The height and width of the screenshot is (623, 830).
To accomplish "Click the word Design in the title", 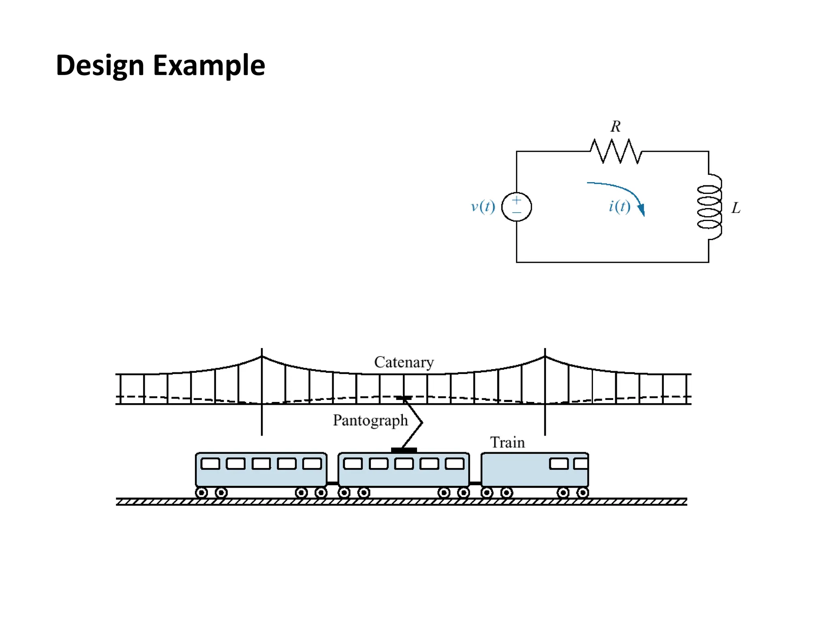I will [x=100, y=66].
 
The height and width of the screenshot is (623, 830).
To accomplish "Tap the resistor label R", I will [x=615, y=127].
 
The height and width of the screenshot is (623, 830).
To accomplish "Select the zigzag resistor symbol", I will [x=616, y=151].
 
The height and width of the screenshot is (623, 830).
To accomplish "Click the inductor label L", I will [x=736, y=208].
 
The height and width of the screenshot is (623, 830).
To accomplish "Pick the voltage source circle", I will [x=516, y=207].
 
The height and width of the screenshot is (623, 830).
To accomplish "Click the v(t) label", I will [x=483, y=206].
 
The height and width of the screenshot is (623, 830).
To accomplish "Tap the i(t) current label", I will [x=619, y=206].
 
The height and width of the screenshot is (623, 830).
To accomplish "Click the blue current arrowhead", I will [x=641, y=210].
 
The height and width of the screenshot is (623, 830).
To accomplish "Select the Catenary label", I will [x=404, y=362].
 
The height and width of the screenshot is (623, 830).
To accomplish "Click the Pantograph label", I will [x=370, y=420].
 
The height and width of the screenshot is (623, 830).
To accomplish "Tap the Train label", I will [x=507, y=443].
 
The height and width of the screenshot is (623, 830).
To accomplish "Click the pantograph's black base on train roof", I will [x=404, y=450].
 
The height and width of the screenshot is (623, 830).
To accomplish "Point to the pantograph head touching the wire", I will [x=404, y=398].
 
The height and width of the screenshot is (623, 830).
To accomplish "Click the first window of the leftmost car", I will [x=210, y=464].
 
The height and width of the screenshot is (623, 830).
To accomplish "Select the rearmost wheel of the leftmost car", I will [x=201, y=493].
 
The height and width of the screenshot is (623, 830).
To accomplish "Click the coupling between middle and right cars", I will [x=475, y=483].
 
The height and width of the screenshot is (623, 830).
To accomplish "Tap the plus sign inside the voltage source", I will [x=516, y=200].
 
